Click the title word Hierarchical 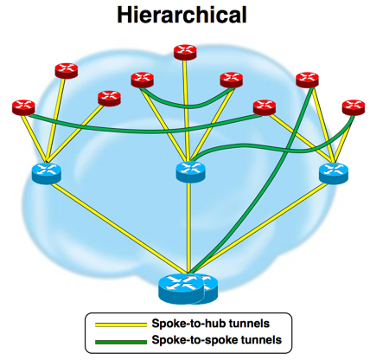click(x=182, y=16)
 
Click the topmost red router click(x=185, y=52)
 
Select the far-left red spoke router click(x=23, y=107)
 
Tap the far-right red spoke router click(x=354, y=107)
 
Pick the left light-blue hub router click(x=47, y=173)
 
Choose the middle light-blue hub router click(x=190, y=172)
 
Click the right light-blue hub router click(x=334, y=173)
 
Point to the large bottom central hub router click(x=188, y=289)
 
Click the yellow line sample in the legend click(x=121, y=325)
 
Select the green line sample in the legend click(x=121, y=342)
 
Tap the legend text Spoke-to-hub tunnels click(x=211, y=324)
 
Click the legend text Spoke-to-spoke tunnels click(x=217, y=340)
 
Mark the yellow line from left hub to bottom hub click(x=119, y=228)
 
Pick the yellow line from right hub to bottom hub click(x=258, y=228)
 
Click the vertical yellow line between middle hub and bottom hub click(x=188, y=228)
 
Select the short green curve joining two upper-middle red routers click(x=187, y=106)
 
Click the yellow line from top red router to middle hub click(x=186, y=111)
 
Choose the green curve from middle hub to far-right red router click(x=274, y=150)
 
